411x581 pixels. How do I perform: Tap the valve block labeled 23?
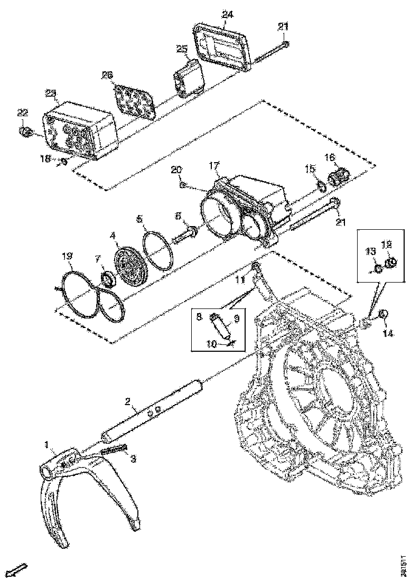[x=79, y=129]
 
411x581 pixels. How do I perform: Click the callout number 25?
[x=182, y=49]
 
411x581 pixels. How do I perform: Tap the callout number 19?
[x=67, y=257]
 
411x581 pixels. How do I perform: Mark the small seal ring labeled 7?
[x=107, y=277]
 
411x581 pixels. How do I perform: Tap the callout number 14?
[x=388, y=333]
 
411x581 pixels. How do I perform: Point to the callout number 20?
[x=176, y=169]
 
